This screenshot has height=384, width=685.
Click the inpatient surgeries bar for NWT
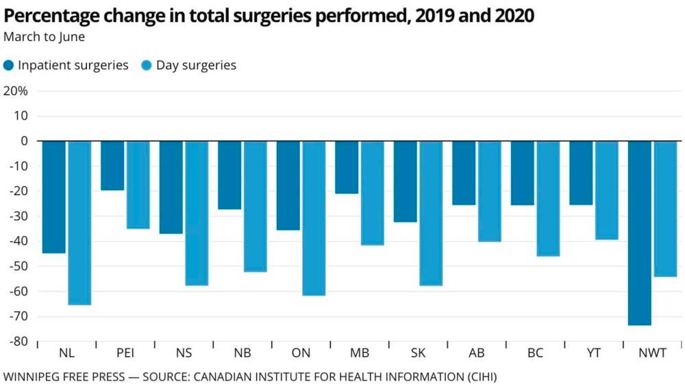click(640, 233)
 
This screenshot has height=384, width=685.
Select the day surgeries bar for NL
click(79, 222)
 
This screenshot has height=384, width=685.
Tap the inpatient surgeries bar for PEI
click(112, 166)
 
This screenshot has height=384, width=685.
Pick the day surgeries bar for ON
click(314, 218)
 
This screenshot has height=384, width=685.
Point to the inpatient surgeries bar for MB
click(347, 167)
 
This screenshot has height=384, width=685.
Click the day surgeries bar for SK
click(431, 213)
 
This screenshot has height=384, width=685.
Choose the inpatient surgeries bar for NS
click(171, 187)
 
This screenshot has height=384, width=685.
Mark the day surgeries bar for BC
click(548, 199)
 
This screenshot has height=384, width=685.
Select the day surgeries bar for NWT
click(666, 209)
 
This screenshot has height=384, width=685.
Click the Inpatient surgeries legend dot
click(9, 66)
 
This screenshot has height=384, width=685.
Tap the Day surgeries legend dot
click(147, 66)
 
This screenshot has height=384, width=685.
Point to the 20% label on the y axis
click(15, 91)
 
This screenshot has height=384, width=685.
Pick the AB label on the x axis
click(477, 353)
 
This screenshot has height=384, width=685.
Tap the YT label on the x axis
click(594, 353)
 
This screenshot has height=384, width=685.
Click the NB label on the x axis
click(242, 353)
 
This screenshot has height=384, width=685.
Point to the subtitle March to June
click(45, 36)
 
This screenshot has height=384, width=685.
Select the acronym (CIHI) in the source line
click(477, 376)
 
